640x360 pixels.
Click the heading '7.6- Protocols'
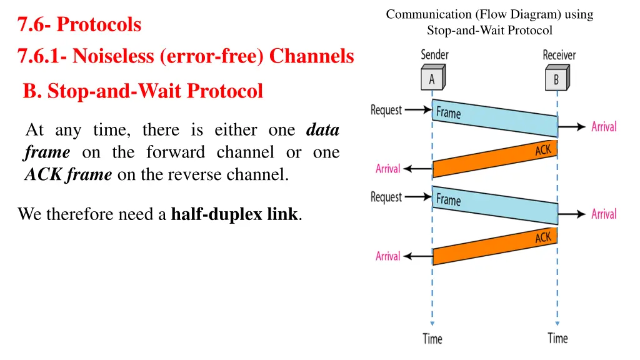click(x=79, y=25)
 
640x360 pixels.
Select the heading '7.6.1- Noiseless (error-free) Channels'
click(x=186, y=57)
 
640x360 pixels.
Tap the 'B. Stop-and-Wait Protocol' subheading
click(x=143, y=91)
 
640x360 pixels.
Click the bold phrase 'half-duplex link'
click(x=234, y=215)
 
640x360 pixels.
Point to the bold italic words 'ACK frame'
click(x=68, y=175)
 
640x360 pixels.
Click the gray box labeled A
click(x=432, y=79)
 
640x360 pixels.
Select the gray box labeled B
click(x=556, y=79)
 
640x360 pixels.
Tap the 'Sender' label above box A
click(x=434, y=55)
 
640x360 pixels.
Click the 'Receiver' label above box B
click(x=559, y=55)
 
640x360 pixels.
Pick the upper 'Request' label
click(x=386, y=110)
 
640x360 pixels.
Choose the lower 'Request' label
click(x=386, y=197)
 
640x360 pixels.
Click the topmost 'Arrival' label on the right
click(x=604, y=127)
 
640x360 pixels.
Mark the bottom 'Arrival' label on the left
click(x=387, y=256)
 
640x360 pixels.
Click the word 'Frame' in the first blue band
click(x=448, y=113)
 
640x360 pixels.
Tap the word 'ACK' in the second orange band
click(x=543, y=237)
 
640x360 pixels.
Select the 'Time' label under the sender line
click(x=432, y=339)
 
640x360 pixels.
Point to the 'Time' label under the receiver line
click(x=557, y=338)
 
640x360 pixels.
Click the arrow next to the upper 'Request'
click(x=417, y=110)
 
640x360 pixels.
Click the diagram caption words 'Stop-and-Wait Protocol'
click(x=489, y=30)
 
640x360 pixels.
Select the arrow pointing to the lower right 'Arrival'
click(x=572, y=214)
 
